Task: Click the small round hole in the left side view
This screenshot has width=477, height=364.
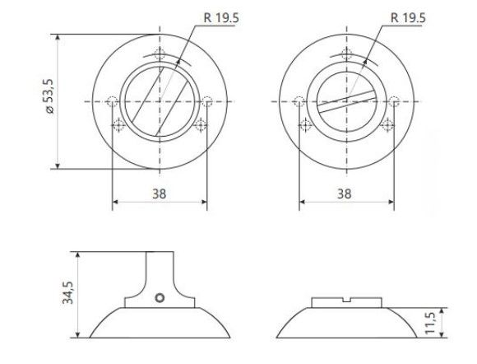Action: [161, 296]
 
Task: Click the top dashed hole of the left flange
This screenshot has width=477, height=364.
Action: [160, 54]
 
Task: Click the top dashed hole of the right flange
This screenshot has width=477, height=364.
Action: [346, 54]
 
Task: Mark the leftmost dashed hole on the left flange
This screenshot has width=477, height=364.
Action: [113, 102]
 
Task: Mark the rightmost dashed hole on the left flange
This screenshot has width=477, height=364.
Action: [208, 102]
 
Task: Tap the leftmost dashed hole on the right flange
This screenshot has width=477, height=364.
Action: [299, 102]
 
